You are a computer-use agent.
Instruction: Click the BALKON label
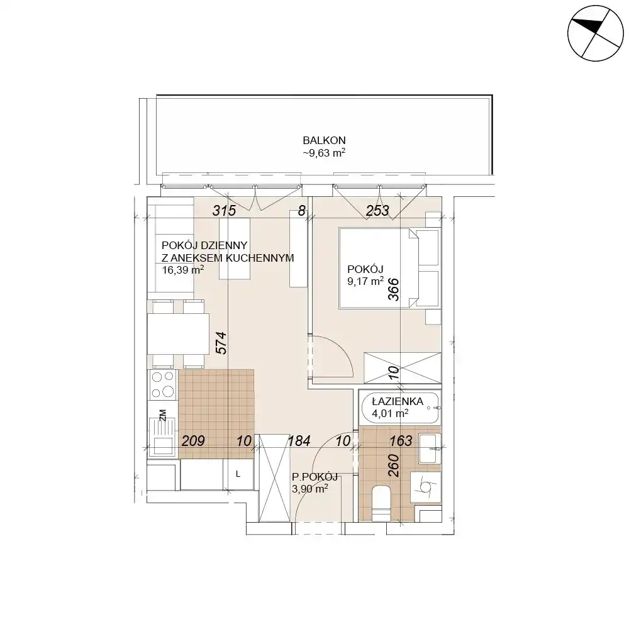324,140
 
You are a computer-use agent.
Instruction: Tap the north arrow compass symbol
595,33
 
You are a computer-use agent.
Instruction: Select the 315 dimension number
225,211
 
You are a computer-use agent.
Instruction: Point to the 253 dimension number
377,211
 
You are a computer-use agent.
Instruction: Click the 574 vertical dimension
221,343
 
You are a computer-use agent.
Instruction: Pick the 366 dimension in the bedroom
394,289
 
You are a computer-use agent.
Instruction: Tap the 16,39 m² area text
183,270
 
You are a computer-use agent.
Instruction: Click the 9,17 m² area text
365,281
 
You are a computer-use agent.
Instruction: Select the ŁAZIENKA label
398,401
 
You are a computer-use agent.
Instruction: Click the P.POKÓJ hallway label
315,477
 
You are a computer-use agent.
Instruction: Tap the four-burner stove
163,385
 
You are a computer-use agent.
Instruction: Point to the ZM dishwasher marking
162,415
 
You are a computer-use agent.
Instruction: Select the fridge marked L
238,474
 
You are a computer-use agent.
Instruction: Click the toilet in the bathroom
381,503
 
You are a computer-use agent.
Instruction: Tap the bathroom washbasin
430,448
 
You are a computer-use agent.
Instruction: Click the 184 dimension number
299,441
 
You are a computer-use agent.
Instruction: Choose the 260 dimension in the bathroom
394,465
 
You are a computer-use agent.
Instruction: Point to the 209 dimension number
193,441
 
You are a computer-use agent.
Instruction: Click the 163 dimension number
401,441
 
